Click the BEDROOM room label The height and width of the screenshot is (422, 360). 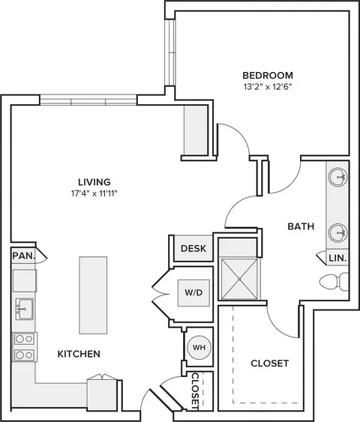268,76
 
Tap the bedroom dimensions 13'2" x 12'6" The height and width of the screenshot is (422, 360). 268,87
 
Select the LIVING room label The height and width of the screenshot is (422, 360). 94,182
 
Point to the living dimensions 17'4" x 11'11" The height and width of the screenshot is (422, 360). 94,193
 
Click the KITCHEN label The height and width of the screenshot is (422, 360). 79,354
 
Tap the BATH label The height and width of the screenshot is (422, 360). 301,226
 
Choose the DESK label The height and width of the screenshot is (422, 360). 193,248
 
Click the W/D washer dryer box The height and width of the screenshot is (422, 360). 193,293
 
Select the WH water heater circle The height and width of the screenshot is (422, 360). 199,348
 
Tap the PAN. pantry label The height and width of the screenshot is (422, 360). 24,256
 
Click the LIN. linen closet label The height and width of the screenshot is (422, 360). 337,258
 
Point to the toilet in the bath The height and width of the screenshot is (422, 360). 334,282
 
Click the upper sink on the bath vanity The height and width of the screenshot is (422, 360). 337,177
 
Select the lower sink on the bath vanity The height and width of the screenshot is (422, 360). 337,233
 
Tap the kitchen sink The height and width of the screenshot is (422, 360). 25,309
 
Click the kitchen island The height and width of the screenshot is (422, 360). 93,295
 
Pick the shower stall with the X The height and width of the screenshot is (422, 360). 239,279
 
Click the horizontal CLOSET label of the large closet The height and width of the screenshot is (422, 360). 269,364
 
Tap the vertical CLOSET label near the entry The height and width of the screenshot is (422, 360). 195,391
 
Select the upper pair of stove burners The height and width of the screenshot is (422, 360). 24,339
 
